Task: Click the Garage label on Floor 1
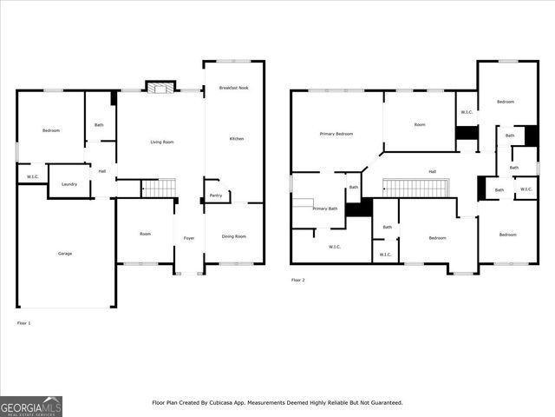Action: (x=65, y=253)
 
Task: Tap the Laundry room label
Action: (x=69, y=183)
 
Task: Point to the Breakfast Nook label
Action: (x=233, y=87)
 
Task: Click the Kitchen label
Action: (x=236, y=138)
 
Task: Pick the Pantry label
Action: (x=215, y=195)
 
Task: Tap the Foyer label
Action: (x=188, y=236)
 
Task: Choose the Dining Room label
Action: (x=233, y=236)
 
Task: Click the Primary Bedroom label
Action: (x=336, y=134)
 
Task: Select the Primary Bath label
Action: (x=325, y=208)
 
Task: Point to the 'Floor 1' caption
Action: (x=23, y=322)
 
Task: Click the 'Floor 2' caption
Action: (x=297, y=280)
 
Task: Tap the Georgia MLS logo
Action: (x=30, y=406)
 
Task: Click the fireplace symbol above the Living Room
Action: (x=159, y=87)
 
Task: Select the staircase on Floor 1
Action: (x=158, y=188)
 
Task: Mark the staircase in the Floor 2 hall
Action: (x=415, y=188)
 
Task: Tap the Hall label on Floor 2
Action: (x=432, y=171)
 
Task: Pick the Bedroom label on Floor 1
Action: (x=51, y=130)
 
